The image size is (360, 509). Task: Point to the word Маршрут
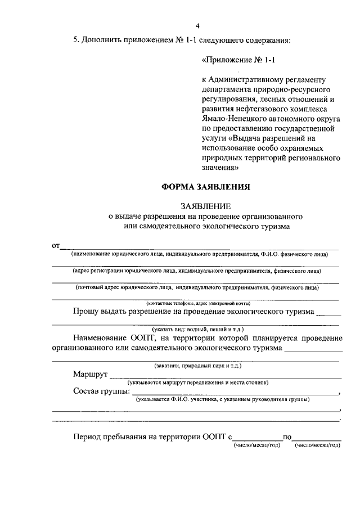pos(90,374)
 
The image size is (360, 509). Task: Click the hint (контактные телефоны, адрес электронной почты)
pos(198,303)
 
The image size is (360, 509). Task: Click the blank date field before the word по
pos(257,438)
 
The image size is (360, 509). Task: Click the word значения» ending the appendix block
pos(220,167)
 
